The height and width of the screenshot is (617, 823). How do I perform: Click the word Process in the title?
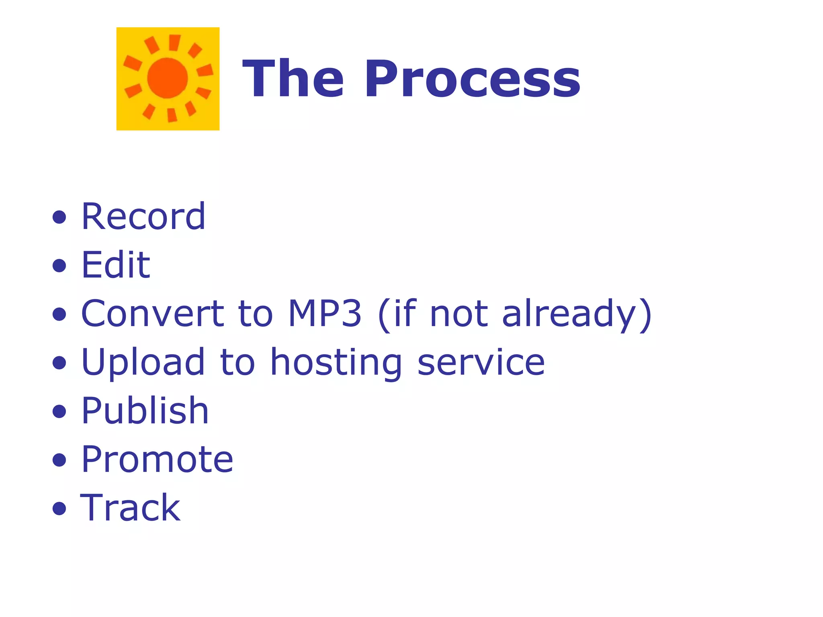[x=472, y=79]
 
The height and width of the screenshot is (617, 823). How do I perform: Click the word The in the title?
[x=293, y=79]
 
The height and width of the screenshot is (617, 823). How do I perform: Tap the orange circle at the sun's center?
[x=168, y=78]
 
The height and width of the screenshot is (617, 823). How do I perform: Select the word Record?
[x=143, y=217]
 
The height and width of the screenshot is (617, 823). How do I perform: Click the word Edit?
[x=116, y=265]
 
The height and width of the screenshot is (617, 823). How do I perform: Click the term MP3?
[x=325, y=314]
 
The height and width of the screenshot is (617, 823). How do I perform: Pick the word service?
[x=481, y=363]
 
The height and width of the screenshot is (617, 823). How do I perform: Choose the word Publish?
[x=145, y=411]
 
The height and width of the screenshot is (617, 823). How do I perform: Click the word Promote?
[x=157, y=460]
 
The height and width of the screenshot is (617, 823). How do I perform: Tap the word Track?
[x=131, y=508]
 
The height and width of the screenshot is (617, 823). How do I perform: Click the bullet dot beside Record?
[x=59, y=217]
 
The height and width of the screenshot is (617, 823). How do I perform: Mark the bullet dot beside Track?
[x=59, y=509]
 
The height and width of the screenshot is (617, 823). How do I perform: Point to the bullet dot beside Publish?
[x=59, y=411]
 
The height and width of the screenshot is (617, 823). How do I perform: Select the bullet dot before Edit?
[x=59, y=266]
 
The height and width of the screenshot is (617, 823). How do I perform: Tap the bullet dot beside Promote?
[x=59, y=460]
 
